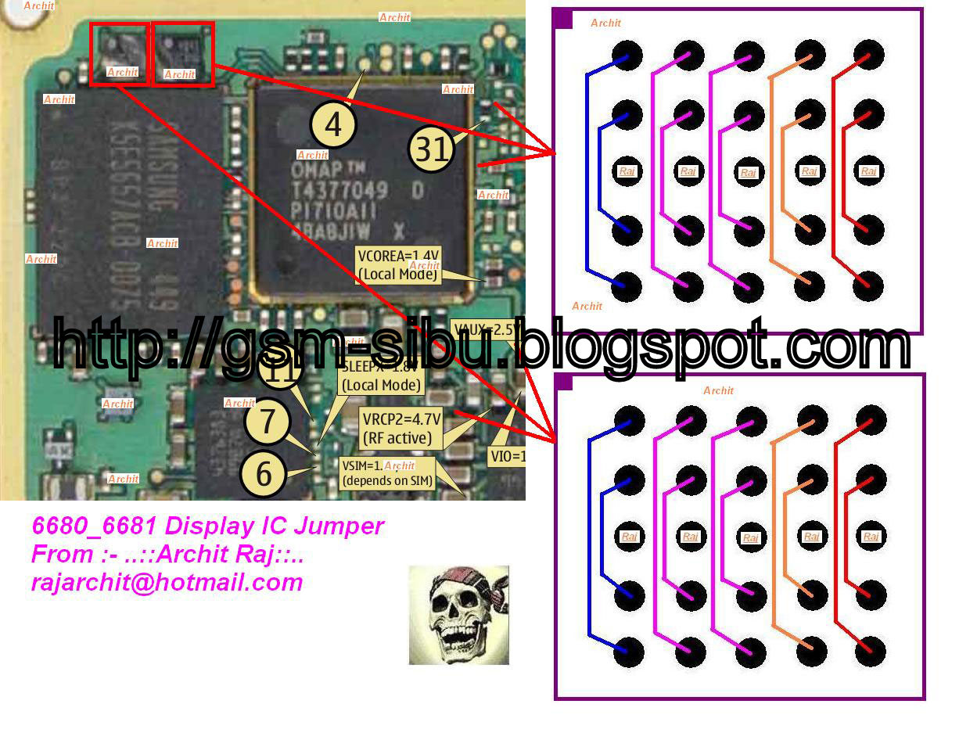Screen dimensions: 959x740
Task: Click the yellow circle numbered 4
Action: (333, 124)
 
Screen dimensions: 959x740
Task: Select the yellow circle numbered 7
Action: (268, 421)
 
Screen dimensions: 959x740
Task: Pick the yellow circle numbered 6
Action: (264, 473)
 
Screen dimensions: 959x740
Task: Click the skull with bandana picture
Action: (458, 615)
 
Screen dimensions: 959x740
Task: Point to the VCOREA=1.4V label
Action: (398, 264)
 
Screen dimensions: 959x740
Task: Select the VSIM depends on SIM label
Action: (387, 474)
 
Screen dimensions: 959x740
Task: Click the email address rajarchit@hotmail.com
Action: (167, 582)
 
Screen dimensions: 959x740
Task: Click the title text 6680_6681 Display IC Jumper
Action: (207, 526)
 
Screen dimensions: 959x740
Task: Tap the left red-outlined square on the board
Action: (120, 53)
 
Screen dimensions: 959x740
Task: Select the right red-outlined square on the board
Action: (182, 53)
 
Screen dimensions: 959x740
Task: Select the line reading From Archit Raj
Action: (167, 554)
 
